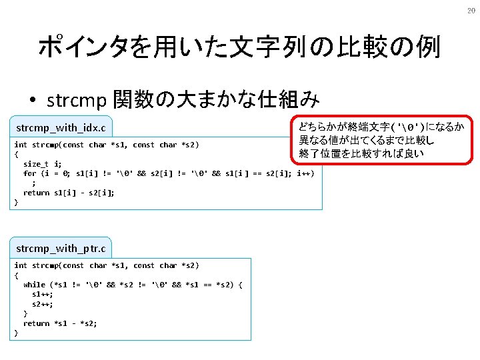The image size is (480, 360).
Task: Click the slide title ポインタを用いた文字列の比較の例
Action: point(239,47)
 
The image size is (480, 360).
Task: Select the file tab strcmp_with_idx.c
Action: point(61,127)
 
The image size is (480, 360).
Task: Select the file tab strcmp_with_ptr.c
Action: point(60,248)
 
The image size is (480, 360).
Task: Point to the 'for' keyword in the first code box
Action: point(29,173)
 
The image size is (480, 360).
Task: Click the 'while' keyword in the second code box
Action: point(34,285)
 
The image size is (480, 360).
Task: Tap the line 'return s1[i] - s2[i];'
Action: point(69,193)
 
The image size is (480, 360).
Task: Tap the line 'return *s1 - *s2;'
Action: point(60,323)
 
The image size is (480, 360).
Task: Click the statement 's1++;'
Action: point(43,294)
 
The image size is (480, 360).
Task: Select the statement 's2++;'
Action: point(43,304)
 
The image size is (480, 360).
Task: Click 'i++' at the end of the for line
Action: point(306,173)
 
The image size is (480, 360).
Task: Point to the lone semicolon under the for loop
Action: point(34,183)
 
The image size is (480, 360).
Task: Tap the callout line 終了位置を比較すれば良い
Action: point(361,154)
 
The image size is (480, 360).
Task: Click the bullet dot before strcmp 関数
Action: point(32,101)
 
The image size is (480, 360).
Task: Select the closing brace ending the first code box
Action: point(16,202)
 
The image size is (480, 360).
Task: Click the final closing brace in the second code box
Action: point(16,333)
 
